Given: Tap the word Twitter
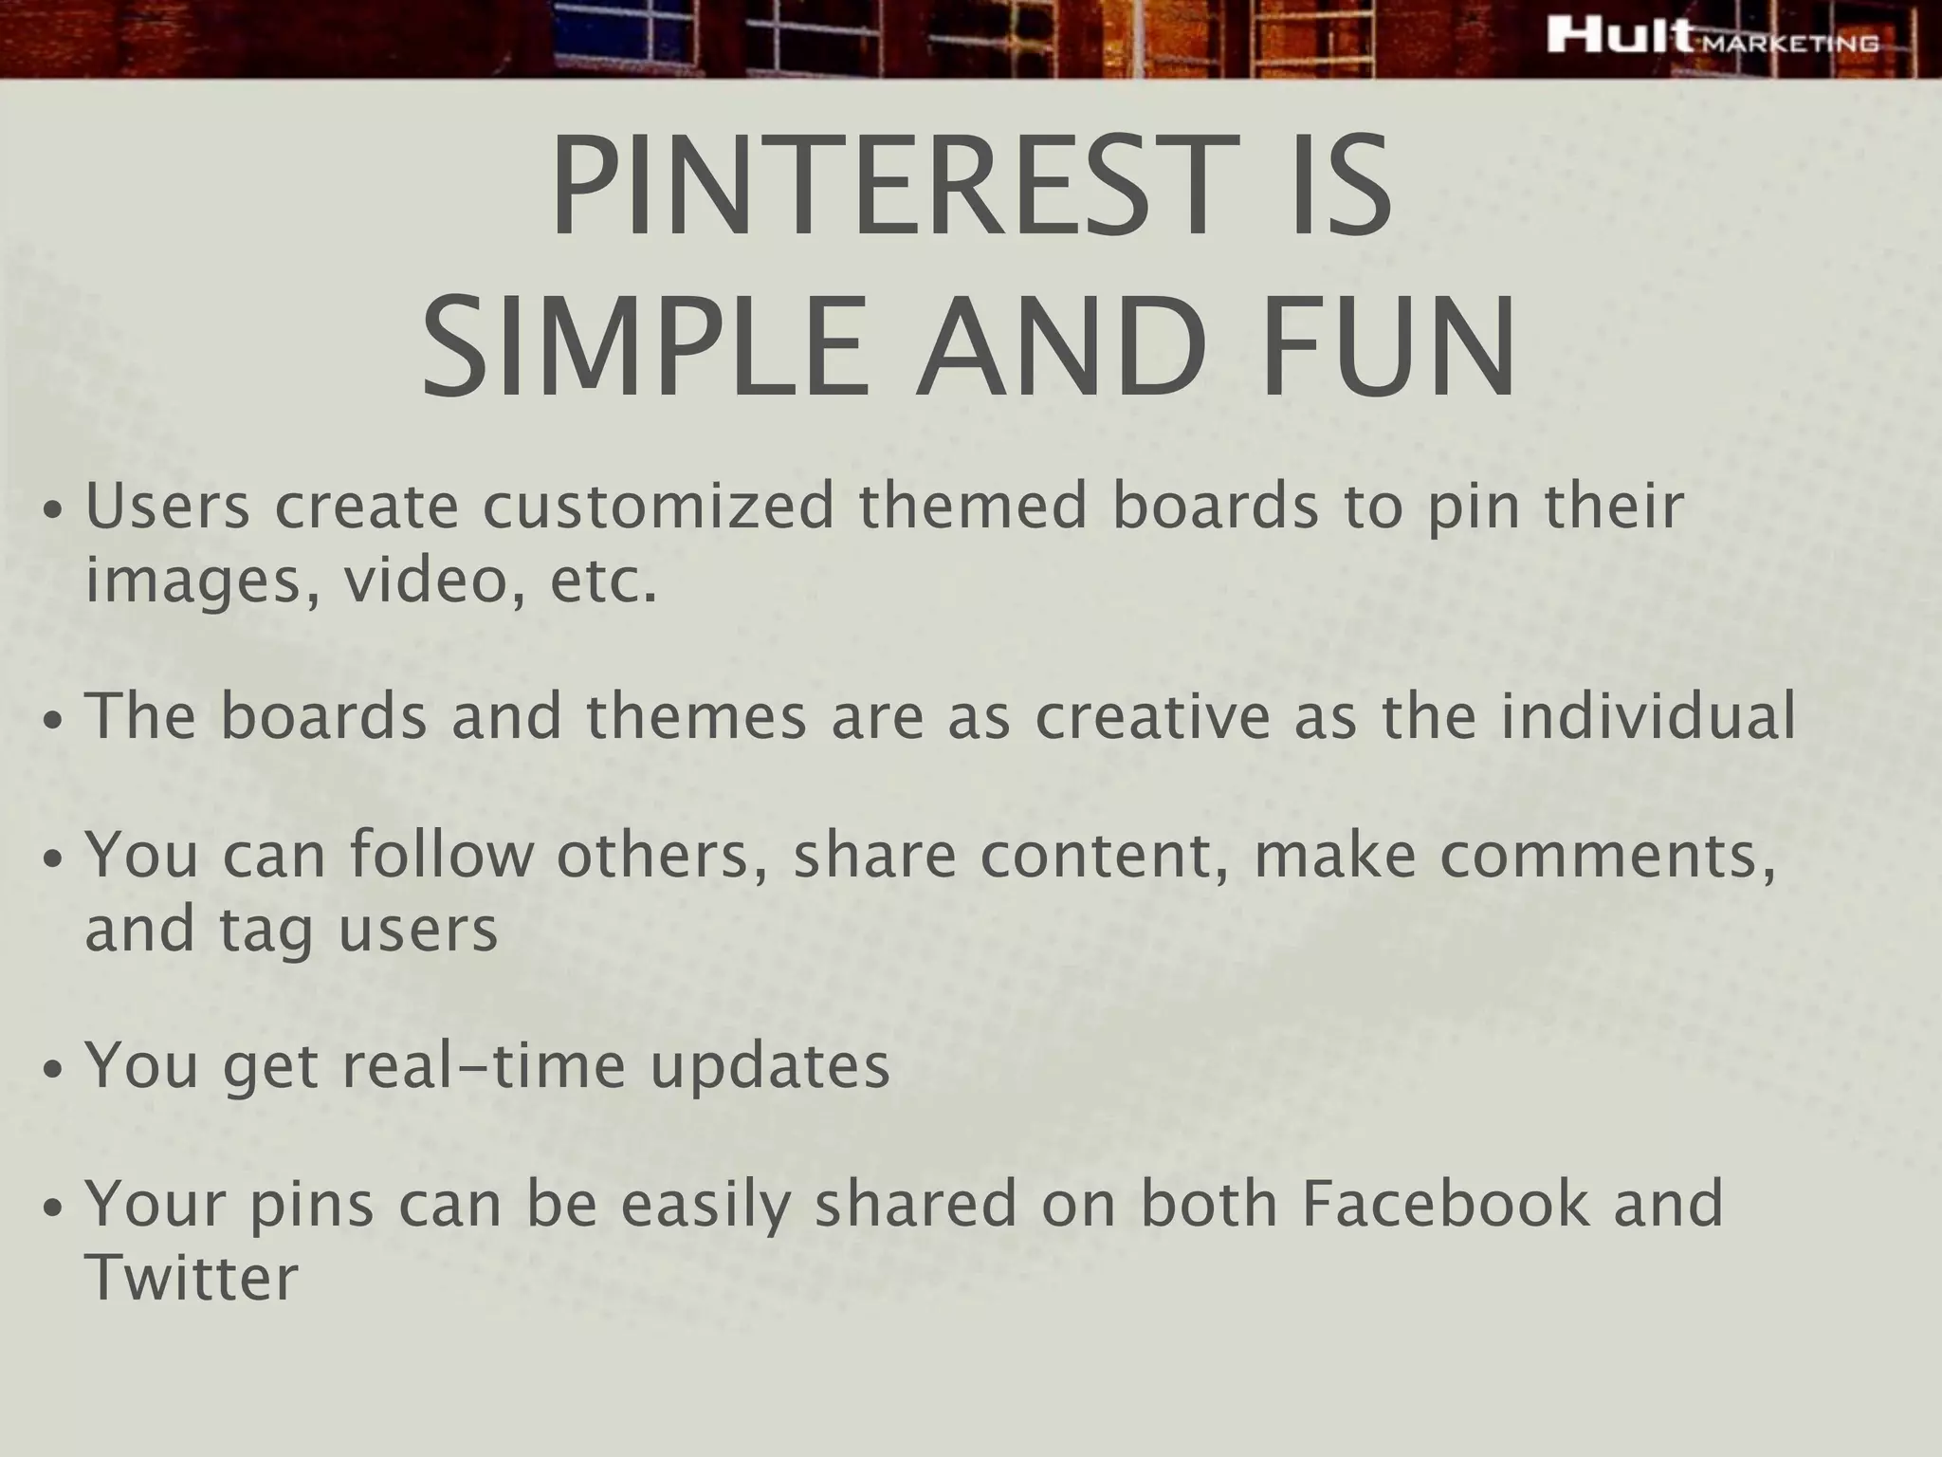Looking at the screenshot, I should [x=192, y=1278].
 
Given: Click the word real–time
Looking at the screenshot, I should [x=484, y=1065].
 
